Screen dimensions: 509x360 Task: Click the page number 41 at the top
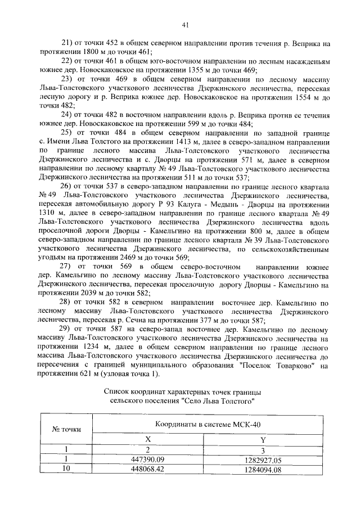[x=185, y=24]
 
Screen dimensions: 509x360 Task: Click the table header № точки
[x=66, y=429]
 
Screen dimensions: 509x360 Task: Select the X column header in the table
[x=148, y=439]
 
